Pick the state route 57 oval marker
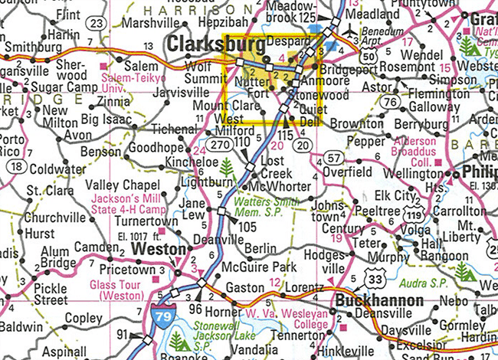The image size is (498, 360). click(333, 158)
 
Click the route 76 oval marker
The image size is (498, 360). click(390, 102)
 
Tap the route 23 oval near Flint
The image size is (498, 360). click(97, 25)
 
